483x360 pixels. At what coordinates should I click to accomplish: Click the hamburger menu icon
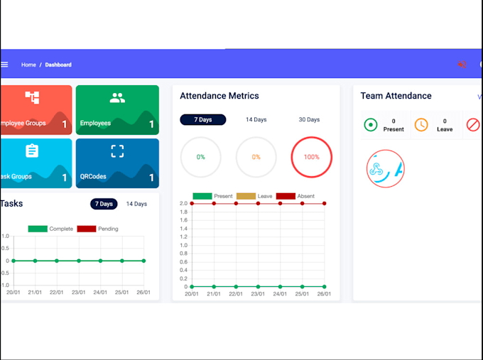coord(4,65)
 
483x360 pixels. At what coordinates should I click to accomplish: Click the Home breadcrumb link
coord(28,65)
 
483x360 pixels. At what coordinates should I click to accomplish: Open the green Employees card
coord(117,109)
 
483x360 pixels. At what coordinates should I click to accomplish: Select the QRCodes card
coord(117,163)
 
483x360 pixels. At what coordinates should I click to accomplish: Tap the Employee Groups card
coord(36,109)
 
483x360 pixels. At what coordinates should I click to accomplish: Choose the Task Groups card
coord(36,163)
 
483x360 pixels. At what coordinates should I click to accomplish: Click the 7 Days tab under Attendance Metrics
coord(202,119)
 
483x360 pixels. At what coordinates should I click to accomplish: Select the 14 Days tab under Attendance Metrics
coord(256,119)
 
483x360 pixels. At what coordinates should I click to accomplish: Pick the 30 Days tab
coord(309,119)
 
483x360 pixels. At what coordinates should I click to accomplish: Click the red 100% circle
coord(312,157)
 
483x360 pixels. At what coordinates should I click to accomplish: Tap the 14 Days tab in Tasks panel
coord(136,204)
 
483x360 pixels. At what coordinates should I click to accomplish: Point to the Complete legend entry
coord(50,229)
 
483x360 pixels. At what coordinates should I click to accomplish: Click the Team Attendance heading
coord(396,96)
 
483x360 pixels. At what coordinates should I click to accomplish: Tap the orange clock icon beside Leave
coord(421,125)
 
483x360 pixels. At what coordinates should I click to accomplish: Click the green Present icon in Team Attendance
coord(371,125)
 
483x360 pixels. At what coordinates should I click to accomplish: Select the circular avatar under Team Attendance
coord(386,169)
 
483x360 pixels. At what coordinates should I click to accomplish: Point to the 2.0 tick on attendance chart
coord(183,204)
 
